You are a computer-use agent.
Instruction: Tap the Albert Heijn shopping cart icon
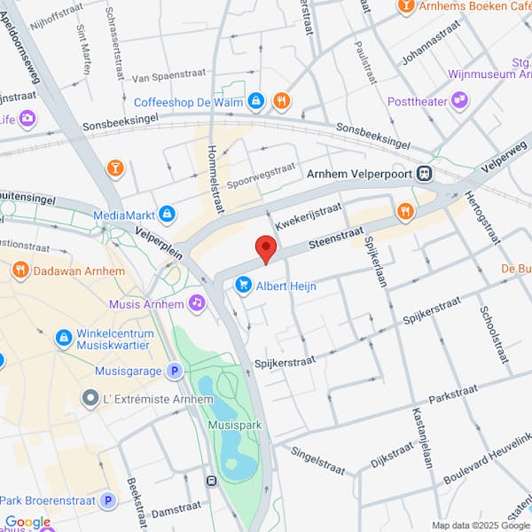[x=242, y=285]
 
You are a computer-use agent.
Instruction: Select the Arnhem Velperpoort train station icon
[x=426, y=173]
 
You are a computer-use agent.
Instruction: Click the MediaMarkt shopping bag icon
[x=167, y=214]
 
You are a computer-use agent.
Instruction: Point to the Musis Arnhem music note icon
[x=198, y=304]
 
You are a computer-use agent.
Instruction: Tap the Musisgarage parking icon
[x=176, y=371]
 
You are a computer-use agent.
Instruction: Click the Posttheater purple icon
[x=460, y=101]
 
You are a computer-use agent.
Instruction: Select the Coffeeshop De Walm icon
[x=255, y=101]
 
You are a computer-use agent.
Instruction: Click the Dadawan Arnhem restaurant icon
[x=18, y=269]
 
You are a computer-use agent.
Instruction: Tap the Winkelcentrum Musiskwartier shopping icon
[x=64, y=337]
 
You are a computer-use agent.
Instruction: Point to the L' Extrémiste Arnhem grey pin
[x=90, y=399]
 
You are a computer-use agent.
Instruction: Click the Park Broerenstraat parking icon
[x=108, y=501]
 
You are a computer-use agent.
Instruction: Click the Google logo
[x=27, y=522]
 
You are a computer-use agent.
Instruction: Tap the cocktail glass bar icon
[x=115, y=168]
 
